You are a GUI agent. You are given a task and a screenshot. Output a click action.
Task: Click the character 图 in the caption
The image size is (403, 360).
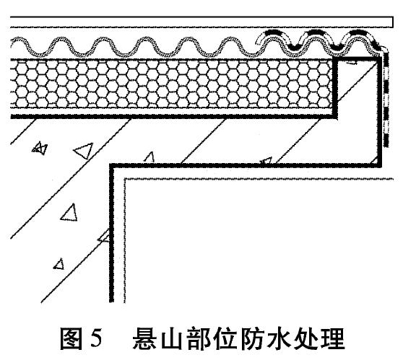point(71,338)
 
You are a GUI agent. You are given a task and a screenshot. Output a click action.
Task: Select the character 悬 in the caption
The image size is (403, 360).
point(144,338)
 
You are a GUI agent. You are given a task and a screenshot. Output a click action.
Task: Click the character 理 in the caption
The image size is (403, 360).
point(334,338)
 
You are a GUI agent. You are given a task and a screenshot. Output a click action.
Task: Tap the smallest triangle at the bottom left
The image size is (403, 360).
point(58,264)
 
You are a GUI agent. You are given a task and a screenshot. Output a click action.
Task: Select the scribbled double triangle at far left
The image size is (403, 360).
point(39,148)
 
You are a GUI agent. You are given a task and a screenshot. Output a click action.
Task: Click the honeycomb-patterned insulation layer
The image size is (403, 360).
point(172,84)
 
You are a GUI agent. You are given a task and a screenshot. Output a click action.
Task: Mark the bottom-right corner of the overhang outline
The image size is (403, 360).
point(380,165)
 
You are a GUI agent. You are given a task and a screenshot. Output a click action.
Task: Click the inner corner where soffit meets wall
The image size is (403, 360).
point(112,166)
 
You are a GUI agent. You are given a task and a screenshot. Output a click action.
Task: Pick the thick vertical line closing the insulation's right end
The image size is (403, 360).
point(335,87)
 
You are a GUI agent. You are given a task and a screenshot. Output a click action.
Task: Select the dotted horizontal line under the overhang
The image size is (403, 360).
point(259,179)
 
